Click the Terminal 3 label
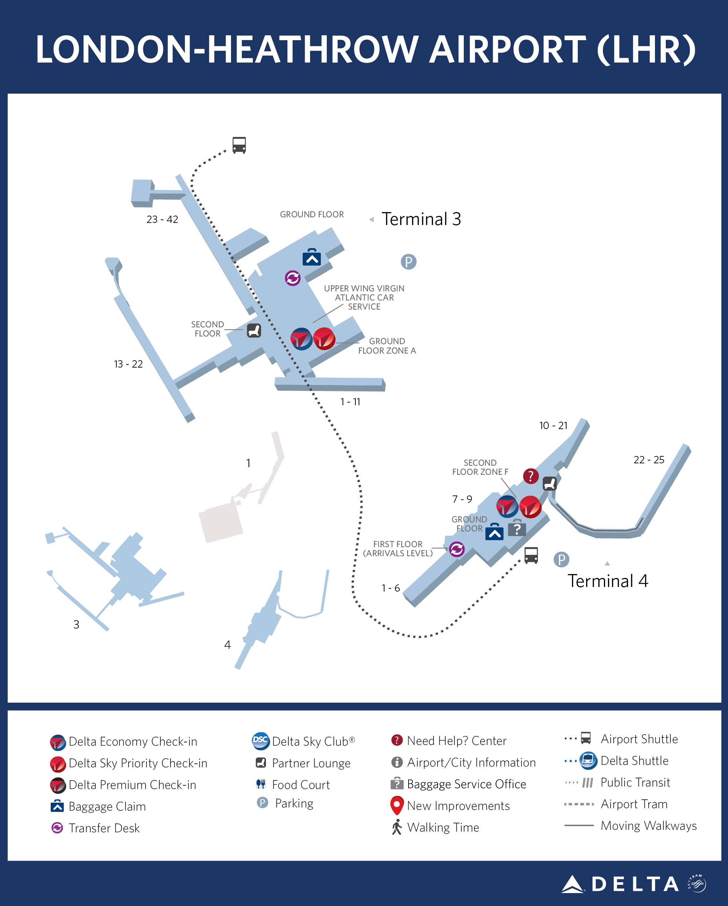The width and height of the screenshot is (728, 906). point(421,219)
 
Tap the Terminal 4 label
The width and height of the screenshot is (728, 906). point(607,581)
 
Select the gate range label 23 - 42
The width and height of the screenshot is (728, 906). point(162,219)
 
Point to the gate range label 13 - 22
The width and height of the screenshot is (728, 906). point(128,364)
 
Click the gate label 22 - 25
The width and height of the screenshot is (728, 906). point(649,460)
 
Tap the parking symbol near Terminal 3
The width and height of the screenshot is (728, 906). point(408,262)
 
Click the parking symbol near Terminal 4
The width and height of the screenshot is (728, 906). point(561,559)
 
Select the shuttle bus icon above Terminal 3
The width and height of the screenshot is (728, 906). point(239,145)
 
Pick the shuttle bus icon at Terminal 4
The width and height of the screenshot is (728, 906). point(531,555)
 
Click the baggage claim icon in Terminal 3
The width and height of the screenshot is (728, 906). point(311,257)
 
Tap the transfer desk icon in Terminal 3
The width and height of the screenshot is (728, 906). point(293,278)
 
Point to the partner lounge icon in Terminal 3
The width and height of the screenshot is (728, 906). point(254,331)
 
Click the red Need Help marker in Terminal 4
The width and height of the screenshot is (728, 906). point(531,476)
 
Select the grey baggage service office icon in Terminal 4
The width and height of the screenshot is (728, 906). point(517,528)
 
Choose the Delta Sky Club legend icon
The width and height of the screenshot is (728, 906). point(261,741)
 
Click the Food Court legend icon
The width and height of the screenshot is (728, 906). point(261,784)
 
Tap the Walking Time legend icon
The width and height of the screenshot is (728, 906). point(397,827)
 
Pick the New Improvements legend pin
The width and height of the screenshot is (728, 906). point(397,805)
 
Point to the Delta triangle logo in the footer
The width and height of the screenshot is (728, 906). point(572,884)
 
